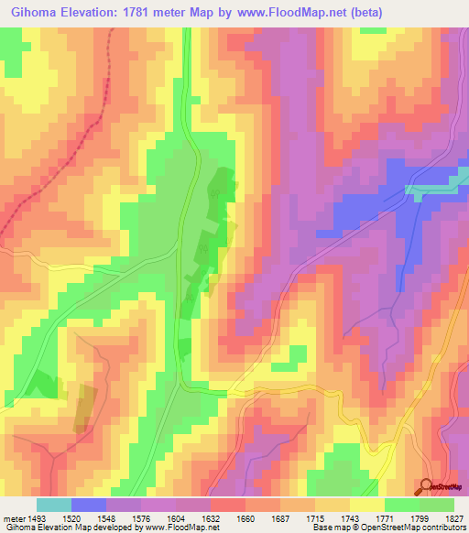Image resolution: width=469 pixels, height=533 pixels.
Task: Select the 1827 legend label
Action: point(455,517)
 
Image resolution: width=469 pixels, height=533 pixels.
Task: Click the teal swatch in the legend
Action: point(53,505)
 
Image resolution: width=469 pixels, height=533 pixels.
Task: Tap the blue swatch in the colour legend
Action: point(88,505)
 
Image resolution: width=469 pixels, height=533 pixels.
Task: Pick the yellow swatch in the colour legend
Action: point(366,505)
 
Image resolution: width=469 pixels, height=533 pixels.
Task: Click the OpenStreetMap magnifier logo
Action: point(428,487)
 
